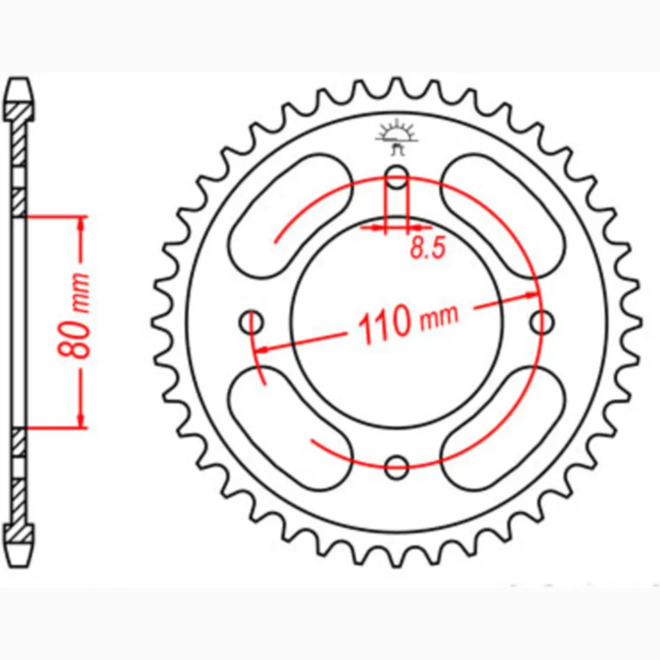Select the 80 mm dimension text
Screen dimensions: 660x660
coord(75,315)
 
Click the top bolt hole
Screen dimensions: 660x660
coord(397,177)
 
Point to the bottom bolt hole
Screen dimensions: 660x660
coord(397,467)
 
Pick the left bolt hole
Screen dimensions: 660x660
coord(251,323)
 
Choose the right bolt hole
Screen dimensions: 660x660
coord(542,323)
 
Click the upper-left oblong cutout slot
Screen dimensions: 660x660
coord(290,216)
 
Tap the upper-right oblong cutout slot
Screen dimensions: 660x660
coord(503,216)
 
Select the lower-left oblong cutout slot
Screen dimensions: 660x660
coord(290,428)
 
